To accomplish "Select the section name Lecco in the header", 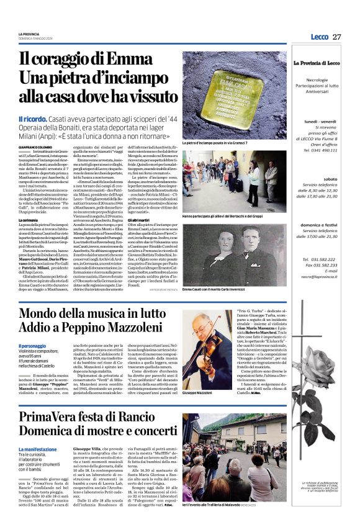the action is pos(319,37).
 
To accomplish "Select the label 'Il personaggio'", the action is pos(32,346).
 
